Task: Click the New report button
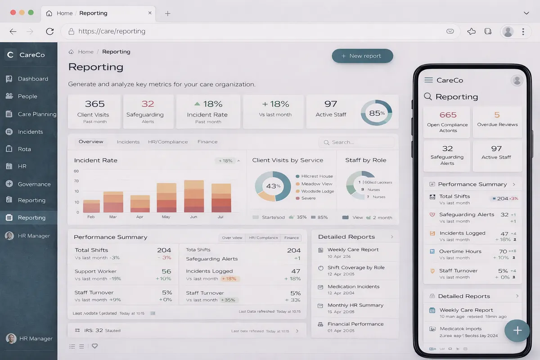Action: point(362,56)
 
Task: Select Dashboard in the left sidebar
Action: point(32,79)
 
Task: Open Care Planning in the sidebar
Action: point(37,114)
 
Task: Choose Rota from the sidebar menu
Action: point(24,149)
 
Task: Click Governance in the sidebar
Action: point(34,184)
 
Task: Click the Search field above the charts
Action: point(360,142)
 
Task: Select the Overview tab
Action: point(91,142)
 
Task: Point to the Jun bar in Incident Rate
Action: point(194,196)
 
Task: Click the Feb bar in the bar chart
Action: point(91,206)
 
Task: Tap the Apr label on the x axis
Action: point(139,217)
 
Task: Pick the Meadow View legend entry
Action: point(316,184)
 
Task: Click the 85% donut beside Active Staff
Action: point(377,113)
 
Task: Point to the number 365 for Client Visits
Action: point(94,104)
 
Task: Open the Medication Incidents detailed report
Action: point(353,287)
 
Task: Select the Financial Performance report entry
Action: point(355,324)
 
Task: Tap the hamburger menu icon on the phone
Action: point(428,80)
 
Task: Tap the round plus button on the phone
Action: point(517,331)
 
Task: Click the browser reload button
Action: point(50,31)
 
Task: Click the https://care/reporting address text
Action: point(112,31)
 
